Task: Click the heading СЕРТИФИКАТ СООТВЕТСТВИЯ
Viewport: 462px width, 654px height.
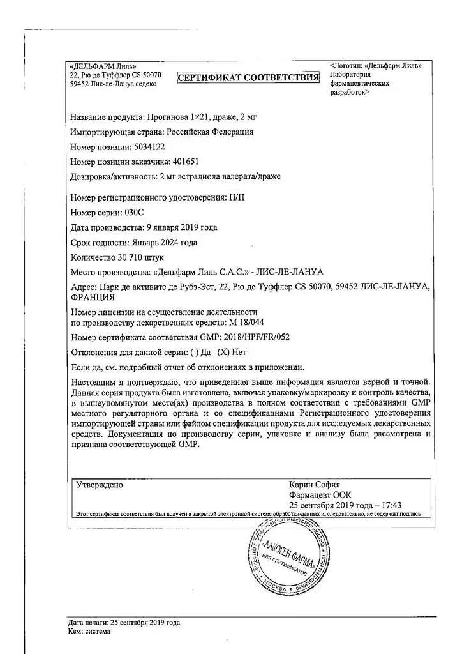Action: pos(248,77)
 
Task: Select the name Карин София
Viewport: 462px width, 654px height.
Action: pos(315,485)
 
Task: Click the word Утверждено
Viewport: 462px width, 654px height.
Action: pos(100,485)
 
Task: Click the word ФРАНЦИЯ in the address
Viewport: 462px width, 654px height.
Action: pos(93,297)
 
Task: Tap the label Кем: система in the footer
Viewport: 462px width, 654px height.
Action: pos(89,631)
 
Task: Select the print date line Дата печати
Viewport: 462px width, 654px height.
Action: pos(124,622)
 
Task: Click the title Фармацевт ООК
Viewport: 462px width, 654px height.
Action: pos(320,495)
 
